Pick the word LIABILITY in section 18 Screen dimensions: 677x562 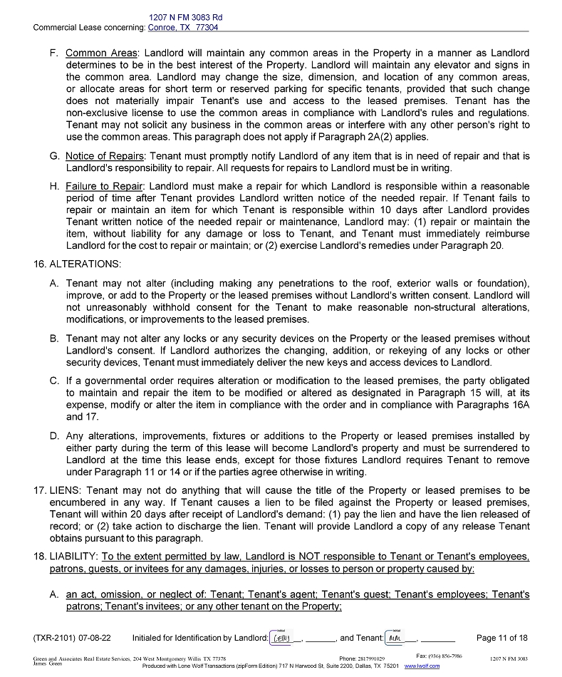click(x=73, y=556)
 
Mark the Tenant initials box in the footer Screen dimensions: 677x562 click(x=394, y=637)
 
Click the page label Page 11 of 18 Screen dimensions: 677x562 click(x=501, y=638)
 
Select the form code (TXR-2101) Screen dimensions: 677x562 click(x=60, y=638)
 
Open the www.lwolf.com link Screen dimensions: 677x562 click(x=422, y=666)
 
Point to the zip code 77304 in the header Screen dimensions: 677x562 click(x=207, y=28)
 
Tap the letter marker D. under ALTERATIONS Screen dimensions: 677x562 click(x=54, y=436)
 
